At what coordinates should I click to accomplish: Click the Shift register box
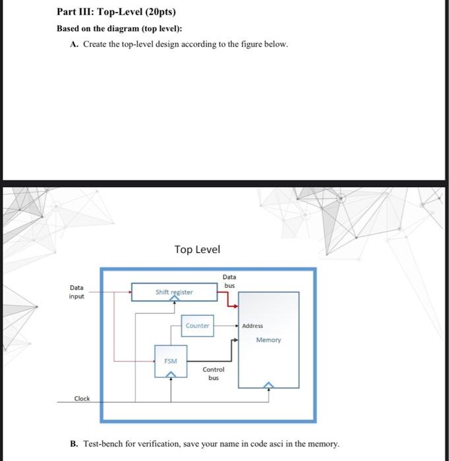point(174,292)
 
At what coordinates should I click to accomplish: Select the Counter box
point(197,326)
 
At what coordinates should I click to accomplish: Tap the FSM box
point(170,361)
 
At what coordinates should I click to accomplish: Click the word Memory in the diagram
point(268,340)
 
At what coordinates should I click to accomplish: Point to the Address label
point(253,326)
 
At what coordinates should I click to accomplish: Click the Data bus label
point(229,281)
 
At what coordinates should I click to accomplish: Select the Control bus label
point(214,373)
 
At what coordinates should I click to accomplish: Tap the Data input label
point(77,292)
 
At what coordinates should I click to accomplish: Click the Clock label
point(82,398)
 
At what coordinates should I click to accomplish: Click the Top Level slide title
point(197,250)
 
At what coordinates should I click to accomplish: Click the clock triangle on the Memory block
point(268,386)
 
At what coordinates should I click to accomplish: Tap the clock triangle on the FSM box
point(170,375)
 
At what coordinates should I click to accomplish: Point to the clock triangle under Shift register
point(173,299)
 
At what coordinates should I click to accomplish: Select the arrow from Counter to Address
point(225,326)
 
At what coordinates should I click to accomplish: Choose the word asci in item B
point(277,444)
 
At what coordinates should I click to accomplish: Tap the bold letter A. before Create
point(74,44)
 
